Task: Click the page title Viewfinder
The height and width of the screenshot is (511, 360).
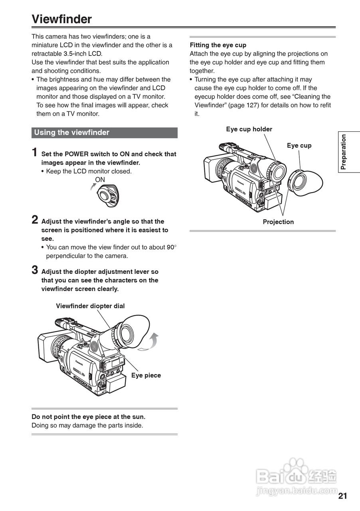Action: pos(62,19)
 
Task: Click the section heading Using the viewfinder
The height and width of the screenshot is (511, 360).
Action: pos(72,133)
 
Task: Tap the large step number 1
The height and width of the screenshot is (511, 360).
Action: pos(35,153)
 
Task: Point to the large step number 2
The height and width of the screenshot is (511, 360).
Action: pos(35,220)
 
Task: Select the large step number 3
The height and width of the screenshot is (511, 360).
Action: pos(35,270)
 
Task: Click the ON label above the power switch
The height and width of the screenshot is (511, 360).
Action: pos(100,180)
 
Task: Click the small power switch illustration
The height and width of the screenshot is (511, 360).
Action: pos(107,196)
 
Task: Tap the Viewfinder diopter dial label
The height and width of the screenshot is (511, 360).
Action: pos(90,306)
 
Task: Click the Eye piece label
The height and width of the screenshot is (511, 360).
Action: pos(146,375)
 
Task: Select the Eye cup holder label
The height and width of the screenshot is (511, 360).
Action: pos(249,129)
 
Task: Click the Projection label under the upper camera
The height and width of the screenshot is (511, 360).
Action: pos(278,222)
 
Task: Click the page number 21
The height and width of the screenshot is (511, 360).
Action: pos(342,496)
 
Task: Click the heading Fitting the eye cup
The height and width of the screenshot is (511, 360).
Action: pos(218,45)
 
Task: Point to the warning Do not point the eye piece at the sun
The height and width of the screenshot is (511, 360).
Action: pos(88,417)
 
